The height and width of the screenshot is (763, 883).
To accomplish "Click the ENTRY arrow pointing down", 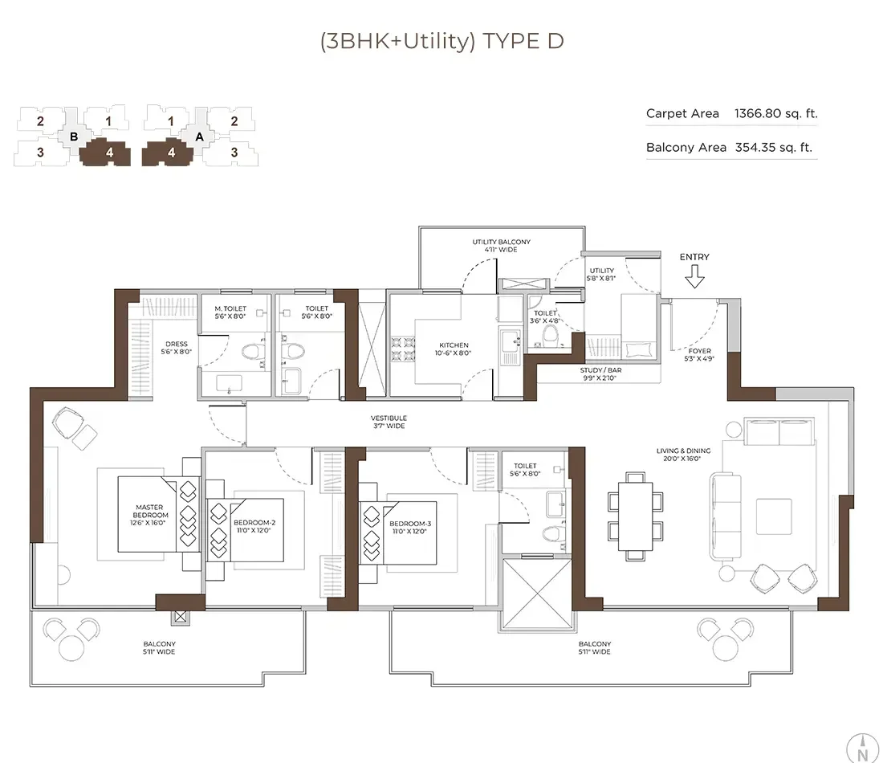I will pos(694,278).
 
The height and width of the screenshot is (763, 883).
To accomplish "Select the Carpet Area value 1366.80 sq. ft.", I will pos(775,113).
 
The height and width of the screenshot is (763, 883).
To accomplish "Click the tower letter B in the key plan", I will pos(74,137).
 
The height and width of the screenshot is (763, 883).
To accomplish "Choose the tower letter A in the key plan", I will pos(199,137).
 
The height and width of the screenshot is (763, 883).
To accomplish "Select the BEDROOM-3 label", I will pos(410,527).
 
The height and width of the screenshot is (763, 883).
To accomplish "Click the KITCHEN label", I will pos(454,349).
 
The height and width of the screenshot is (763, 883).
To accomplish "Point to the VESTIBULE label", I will pos(389,422).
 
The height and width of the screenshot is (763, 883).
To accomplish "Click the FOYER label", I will pos(700,354).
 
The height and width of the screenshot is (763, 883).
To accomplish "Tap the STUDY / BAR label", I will pos(601,373).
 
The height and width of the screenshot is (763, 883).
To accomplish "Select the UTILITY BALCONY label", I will pos(501,245).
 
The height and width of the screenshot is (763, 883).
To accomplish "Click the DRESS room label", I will pos(176,348).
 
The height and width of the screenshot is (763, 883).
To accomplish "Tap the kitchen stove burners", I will pos(401,350).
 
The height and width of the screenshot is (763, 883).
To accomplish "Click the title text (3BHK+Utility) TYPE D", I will pos(441,41).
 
